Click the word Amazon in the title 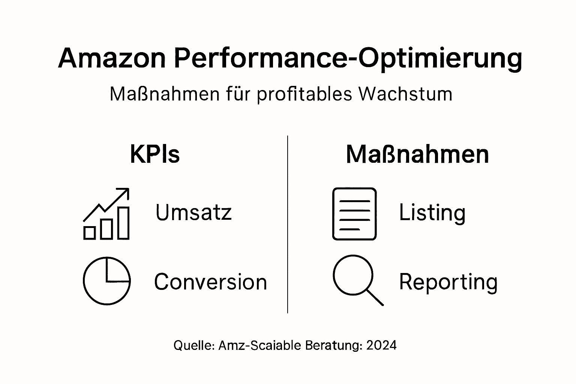click(112, 58)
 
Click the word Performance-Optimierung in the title click(348, 58)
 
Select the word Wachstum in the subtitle click(405, 94)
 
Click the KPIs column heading click(155, 154)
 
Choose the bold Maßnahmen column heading click(417, 154)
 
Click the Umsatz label click(193, 212)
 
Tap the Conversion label click(210, 282)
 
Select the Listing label click(432, 213)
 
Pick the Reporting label click(448, 282)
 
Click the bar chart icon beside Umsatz click(106, 214)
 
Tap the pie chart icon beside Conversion click(106, 280)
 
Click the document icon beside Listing click(354, 214)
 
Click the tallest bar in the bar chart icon click(123, 223)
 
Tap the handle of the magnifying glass click(375, 297)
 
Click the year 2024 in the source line click(381, 345)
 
